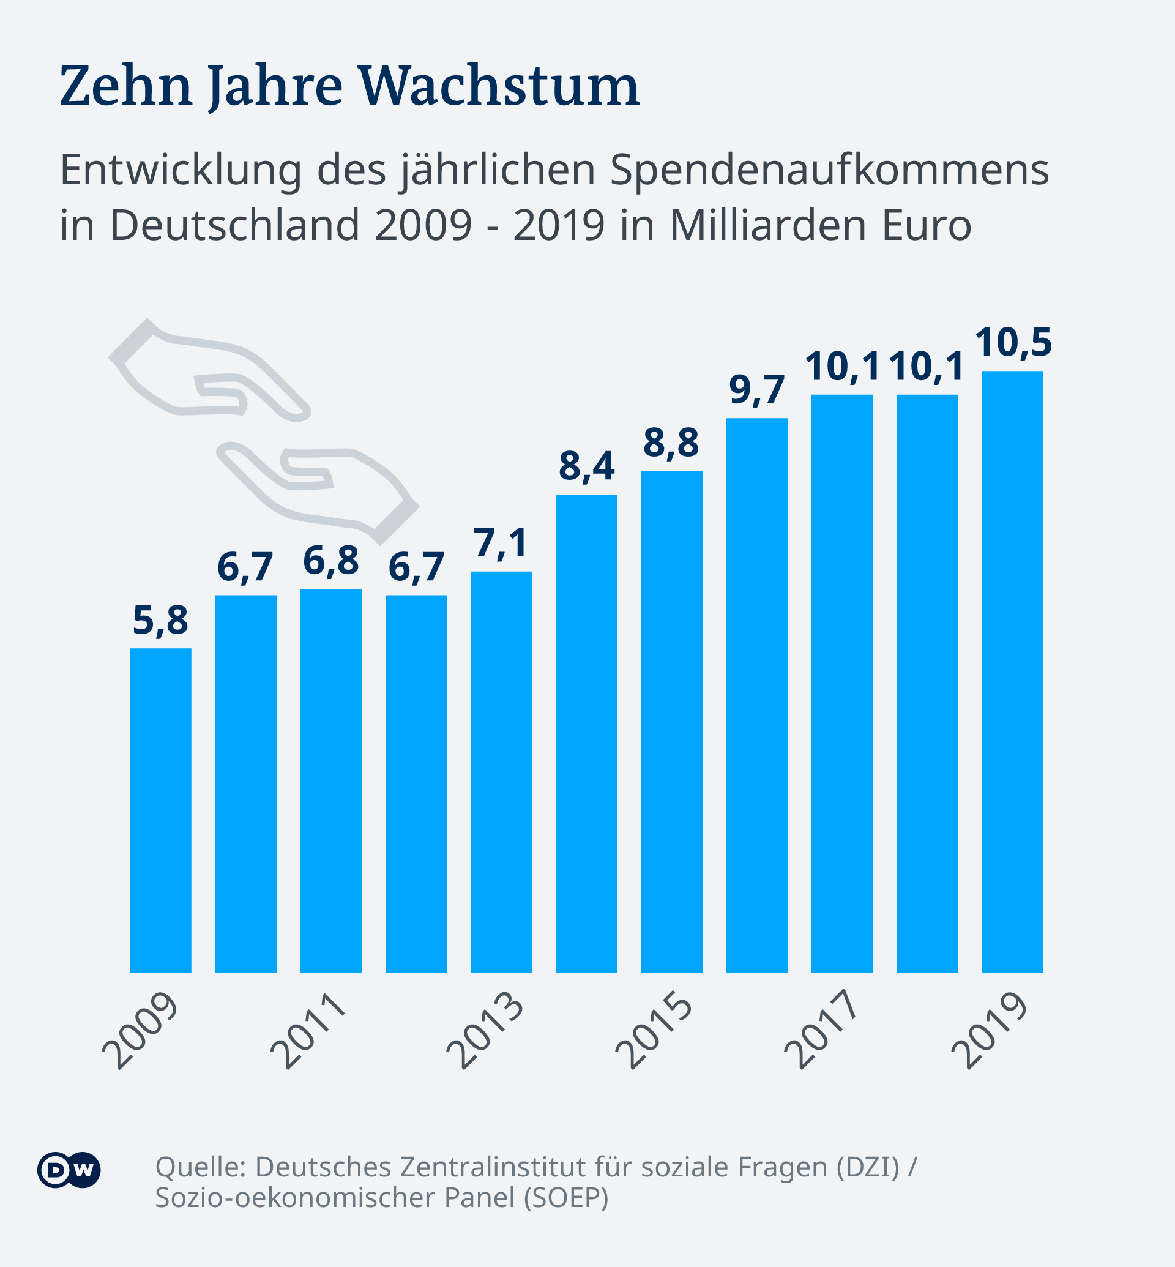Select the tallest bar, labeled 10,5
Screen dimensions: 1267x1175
(x=1012, y=671)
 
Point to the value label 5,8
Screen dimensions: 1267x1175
(x=160, y=621)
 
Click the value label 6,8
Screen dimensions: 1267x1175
(x=330, y=562)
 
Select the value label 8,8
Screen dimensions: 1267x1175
(x=671, y=443)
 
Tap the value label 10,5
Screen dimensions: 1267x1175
(x=1013, y=343)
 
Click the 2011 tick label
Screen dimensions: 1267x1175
(x=309, y=1030)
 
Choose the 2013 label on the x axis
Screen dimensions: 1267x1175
(x=486, y=1030)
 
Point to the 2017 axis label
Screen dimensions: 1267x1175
(x=821, y=1030)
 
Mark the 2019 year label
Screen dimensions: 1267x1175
(x=990, y=1030)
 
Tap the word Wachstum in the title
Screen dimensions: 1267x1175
(x=499, y=86)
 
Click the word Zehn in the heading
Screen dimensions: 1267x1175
(x=126, y=86)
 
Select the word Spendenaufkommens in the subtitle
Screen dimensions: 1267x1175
(x=829, y=170)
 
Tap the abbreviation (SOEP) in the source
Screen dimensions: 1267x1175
(x=566, y=1198)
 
